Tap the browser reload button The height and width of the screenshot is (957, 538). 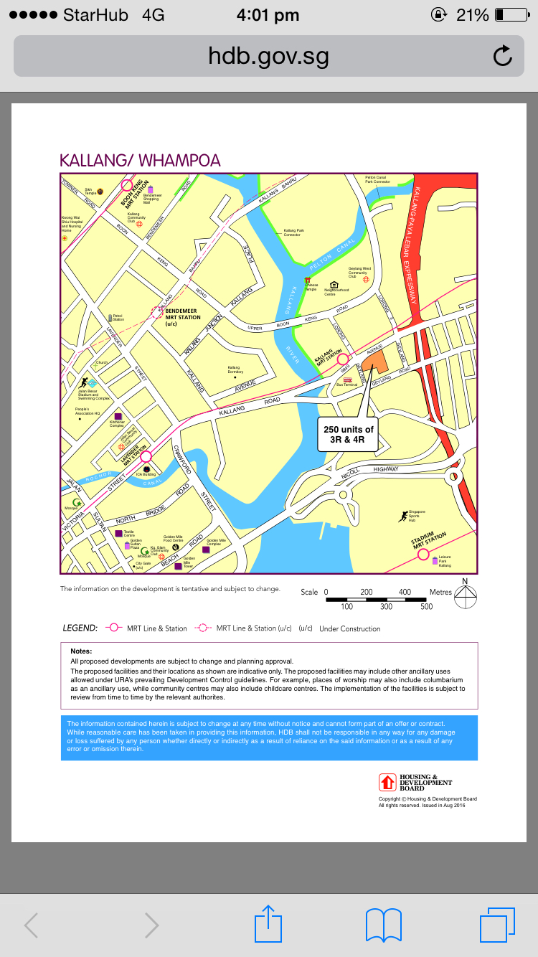tap(503, 56)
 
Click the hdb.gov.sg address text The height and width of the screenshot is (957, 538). tap(268, 56)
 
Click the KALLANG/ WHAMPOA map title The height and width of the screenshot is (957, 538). tap(140, 160)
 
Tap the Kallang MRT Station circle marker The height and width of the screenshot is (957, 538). tap(343, 359)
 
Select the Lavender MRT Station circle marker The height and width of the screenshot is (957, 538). tap(146, 456)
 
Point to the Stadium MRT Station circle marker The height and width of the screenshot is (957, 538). tap(423, 554)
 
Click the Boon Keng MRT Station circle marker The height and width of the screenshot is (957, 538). tap(127, 185)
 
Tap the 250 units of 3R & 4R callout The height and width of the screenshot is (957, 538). tap(348, 434)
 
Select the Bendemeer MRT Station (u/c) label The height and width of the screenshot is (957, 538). tap(183, 316)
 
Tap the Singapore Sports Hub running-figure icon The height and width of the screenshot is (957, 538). tap(403, 516)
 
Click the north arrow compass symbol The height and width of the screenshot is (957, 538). tap(465, 595)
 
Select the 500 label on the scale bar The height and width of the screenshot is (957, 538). tap(426, 607)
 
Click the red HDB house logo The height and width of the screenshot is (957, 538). tap(388, 782)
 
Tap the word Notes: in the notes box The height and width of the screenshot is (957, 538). tap(81, 651)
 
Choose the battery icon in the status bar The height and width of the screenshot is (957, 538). tap(510, 15)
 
